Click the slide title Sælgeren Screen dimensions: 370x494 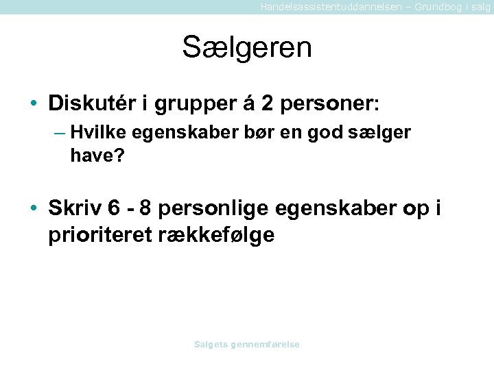247,48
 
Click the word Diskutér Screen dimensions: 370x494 93,103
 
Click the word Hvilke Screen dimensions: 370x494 92,132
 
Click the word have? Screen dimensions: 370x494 97,156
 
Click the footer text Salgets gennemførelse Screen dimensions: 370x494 247,345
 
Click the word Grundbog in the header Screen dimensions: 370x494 432,6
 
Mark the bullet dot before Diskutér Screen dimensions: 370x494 34,104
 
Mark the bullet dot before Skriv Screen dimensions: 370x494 34,208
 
